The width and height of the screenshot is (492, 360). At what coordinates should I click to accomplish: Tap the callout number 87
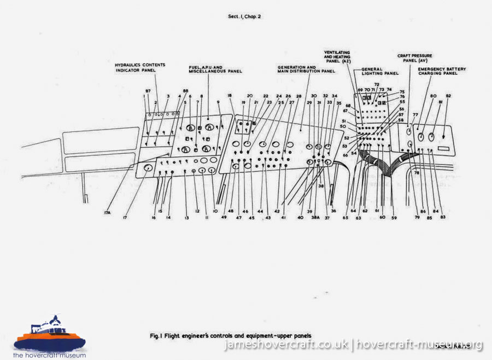(148, 90)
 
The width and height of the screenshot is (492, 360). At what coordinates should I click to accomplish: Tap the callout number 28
(299, 96)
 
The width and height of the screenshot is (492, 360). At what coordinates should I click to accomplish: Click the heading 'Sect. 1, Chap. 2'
(244, 16)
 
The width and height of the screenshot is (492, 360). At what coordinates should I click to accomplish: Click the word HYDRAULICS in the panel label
(127, 65)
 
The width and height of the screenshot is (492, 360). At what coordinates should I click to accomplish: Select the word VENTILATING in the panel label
(337, 53)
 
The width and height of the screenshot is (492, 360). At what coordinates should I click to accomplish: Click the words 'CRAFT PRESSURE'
(414, 56)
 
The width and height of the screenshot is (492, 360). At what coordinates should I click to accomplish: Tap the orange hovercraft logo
(50, 333)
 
